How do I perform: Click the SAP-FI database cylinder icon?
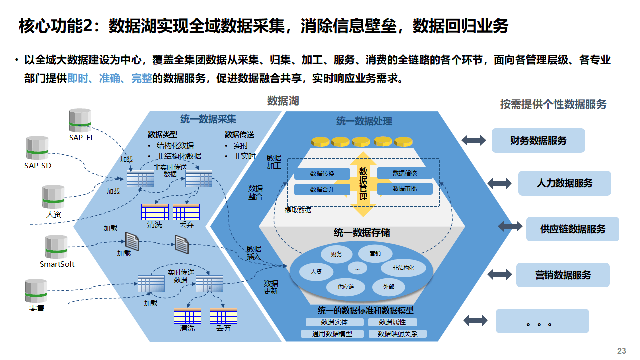click(80, 120)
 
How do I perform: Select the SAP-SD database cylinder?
click(37, 148)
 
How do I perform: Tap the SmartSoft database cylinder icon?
click(56, 247)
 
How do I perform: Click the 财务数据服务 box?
click(538, 140)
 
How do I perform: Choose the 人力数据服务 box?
click(564, 183)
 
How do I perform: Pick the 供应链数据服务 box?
click(572, 229)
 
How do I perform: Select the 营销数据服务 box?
click(563, 275)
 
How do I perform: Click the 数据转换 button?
click(322, 174)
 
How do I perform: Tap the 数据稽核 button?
click(404, 173)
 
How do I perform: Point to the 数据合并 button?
click(322, 189)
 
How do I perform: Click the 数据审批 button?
click(404, 189)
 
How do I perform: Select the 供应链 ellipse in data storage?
click(345, 287)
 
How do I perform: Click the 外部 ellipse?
click(388, 287)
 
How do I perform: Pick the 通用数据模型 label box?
click(332, 334)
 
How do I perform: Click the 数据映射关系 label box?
click(397, 334)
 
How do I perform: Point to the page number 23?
click(622, 351)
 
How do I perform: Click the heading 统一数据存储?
click(362, 233)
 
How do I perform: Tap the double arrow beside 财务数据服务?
click(473, 140)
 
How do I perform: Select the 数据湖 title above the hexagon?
click(283, 101)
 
